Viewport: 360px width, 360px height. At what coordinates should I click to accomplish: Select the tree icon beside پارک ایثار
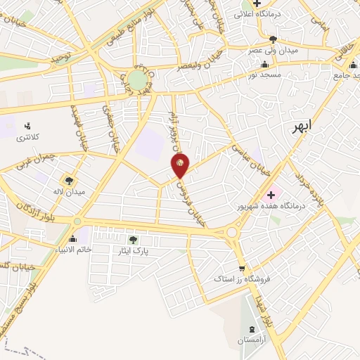133,240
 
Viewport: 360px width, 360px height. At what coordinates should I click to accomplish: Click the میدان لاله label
70,191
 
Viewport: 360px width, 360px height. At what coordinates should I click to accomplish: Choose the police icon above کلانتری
27,125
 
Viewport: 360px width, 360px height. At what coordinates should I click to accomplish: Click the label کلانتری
28,136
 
